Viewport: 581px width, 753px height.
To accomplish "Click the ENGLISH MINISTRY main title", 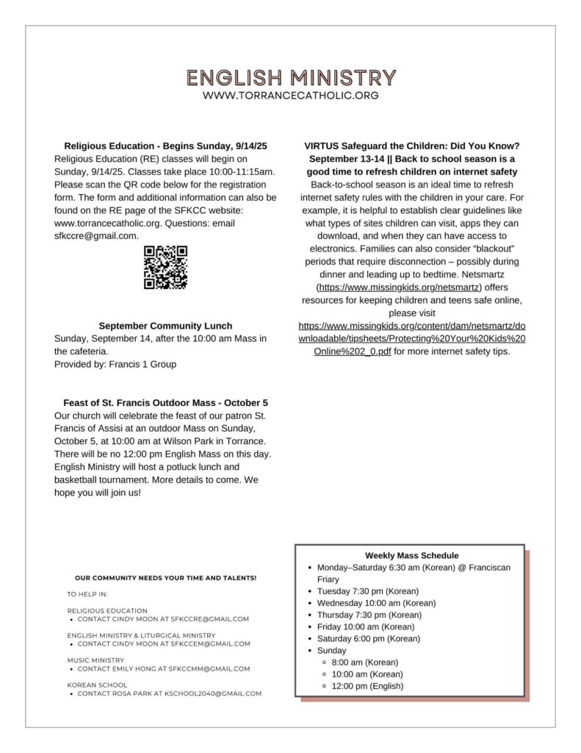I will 291,77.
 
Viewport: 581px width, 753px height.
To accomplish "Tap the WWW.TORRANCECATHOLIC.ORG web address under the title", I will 291,96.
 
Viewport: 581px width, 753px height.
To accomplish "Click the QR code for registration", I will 165,267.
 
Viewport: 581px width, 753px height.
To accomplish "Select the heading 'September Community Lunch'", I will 165,326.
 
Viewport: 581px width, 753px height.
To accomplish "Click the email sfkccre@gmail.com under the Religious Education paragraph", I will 96,235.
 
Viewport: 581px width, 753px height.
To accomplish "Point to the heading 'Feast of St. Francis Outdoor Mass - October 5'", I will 165,403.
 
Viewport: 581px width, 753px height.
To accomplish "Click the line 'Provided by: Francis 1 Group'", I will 115,364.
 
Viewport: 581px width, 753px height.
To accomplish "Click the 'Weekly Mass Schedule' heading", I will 411,556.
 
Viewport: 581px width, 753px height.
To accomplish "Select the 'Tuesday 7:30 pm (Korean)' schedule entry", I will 367,591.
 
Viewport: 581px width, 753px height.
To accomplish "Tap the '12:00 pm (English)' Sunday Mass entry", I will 367,686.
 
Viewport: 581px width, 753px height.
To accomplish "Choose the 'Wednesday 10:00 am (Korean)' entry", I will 376,603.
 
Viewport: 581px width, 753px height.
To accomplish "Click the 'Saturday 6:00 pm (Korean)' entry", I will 368,638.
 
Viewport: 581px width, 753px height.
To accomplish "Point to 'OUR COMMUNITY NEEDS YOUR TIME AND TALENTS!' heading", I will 166,578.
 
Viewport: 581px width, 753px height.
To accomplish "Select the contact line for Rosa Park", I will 170,693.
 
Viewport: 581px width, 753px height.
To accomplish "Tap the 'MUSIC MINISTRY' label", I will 95,660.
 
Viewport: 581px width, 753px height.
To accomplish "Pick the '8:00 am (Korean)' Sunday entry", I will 365,663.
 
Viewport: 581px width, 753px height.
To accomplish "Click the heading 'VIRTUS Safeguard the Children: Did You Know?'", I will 412,146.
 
